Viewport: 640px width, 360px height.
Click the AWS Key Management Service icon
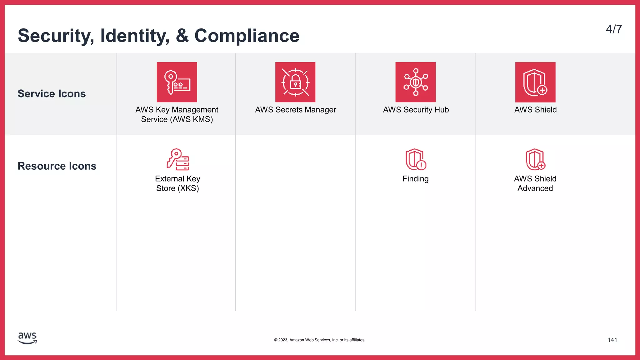click(177, 82)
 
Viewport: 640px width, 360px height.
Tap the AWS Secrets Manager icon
click(295, 82)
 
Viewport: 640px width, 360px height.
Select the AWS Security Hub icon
click(415, 82)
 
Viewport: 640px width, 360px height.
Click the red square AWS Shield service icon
click(535, 82)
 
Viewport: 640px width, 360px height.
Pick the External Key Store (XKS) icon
click(177, 159)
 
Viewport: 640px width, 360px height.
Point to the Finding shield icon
click(416, 159)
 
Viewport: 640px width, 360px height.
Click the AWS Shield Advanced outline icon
click(535, 159)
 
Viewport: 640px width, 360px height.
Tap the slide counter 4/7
click(614, 29)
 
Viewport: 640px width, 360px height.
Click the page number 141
click(612, 340)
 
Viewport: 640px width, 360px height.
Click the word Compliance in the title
click(247, 36)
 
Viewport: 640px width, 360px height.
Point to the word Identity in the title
click(135, 36)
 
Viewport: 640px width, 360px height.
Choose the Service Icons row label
click(52, 94)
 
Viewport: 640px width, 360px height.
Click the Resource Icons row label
click(57, 166)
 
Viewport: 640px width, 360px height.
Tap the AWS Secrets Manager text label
click(295, 110)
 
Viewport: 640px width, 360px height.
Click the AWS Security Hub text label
click(416, 110)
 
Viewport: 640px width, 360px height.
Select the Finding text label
click(415, 179)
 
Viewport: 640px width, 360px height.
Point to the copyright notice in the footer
click(320, 340)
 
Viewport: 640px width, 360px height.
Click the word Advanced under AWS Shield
click(535, 188)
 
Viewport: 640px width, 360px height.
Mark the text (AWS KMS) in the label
click(192, 119)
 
